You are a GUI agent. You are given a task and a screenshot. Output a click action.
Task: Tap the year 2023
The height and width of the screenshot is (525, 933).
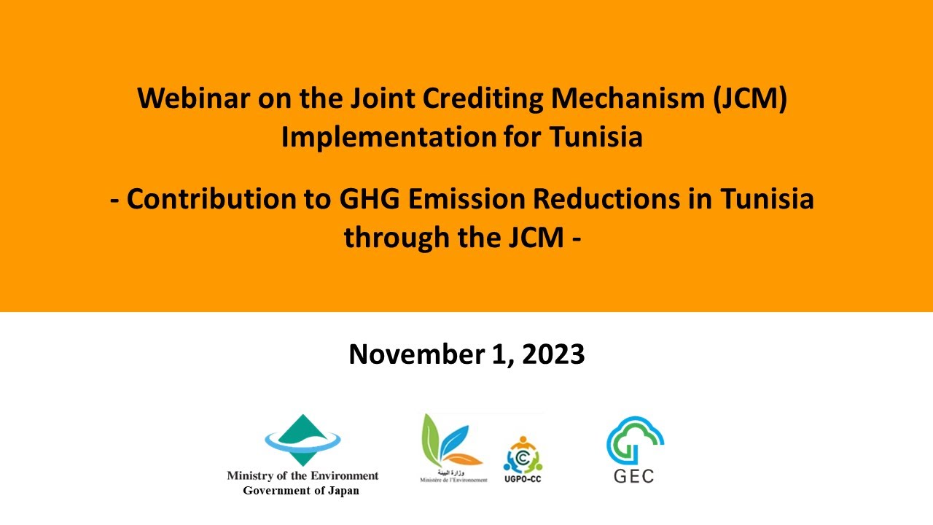(x=553, y=354)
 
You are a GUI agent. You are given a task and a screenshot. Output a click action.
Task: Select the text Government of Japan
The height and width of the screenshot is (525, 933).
(x=301, y=491)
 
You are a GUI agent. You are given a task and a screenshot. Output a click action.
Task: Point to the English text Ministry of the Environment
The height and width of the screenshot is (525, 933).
(x=302, y=475)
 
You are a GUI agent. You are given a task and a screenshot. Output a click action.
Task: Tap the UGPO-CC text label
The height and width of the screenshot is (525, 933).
(x=523, y=479)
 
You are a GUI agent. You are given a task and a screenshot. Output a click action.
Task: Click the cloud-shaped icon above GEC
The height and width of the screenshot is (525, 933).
(x=634, y=439)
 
